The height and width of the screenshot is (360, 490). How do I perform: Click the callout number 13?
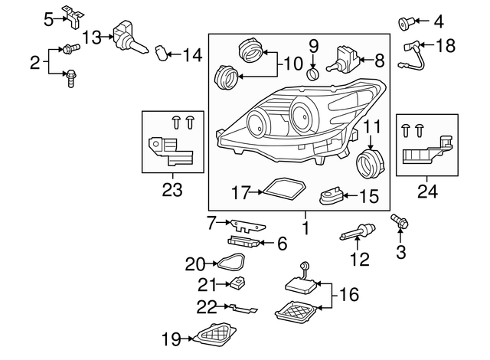[92, 36]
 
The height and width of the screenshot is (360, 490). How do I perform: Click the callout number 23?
[172, 188]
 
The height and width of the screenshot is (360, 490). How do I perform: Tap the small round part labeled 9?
[313, 74]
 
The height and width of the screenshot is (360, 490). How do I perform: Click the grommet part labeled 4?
[404, 22]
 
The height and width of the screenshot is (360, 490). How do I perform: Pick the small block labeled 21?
[237, 284]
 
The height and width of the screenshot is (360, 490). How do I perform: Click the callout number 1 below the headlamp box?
[305, 228]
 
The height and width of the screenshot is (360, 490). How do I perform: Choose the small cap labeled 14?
[161, 53]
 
